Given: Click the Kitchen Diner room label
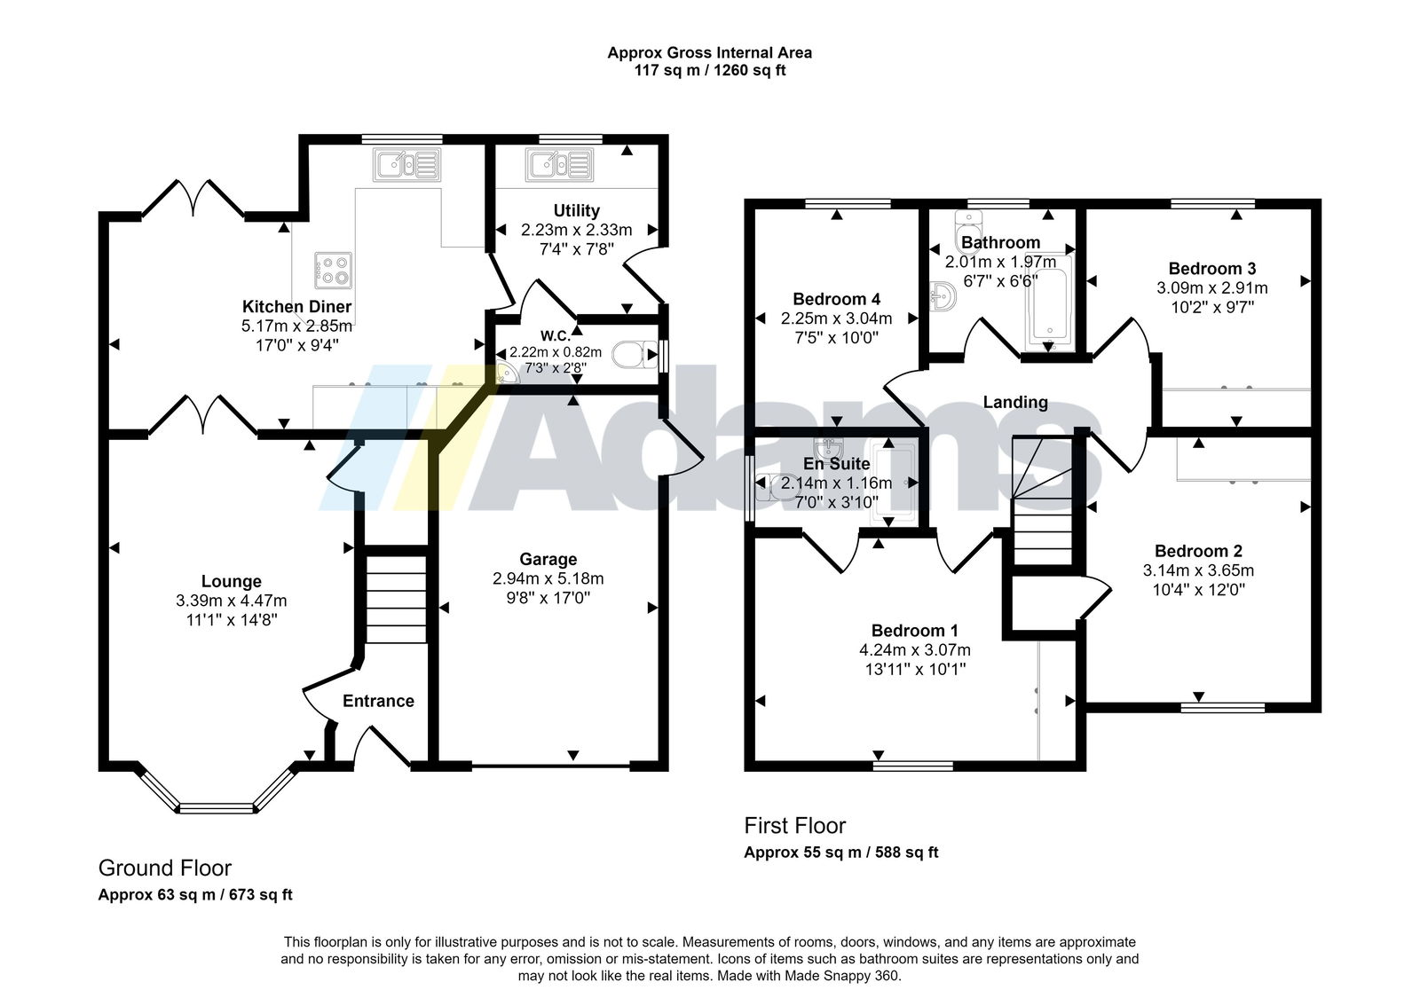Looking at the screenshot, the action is [296, 307].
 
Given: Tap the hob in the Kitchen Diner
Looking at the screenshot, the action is [333, 271].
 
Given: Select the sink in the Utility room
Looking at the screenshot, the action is [559, 165].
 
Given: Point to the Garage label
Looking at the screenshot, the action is [548, 560].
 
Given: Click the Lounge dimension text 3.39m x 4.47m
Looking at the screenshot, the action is [232, 601].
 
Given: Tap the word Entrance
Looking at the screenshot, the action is [378, 701].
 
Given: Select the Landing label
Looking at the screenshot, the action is [1015, 402].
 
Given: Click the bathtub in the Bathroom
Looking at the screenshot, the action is [1050, 301].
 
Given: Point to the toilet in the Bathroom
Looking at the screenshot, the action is [967, 232].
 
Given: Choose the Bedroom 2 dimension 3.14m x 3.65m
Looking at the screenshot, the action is [1198, 570].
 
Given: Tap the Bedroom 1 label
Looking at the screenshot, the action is [915, 631].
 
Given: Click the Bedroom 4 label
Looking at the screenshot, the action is [837, 299].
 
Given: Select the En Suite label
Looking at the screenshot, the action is [836, 464].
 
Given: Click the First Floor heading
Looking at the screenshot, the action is [795, 825].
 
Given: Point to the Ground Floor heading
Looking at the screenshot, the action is [165, 868].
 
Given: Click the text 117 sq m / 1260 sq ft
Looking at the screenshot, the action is [710, 70].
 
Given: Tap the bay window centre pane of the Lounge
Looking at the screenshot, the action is [217, 808].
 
